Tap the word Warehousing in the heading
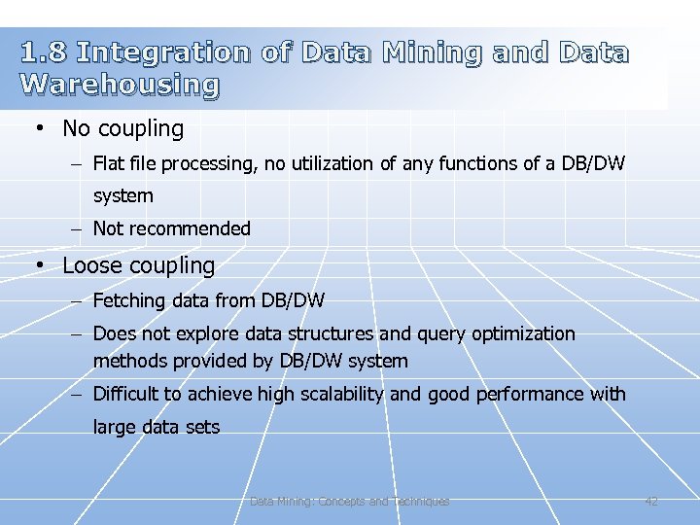point(120,85)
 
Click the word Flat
point(109,164)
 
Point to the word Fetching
point(129,301)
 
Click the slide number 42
point(651,502)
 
